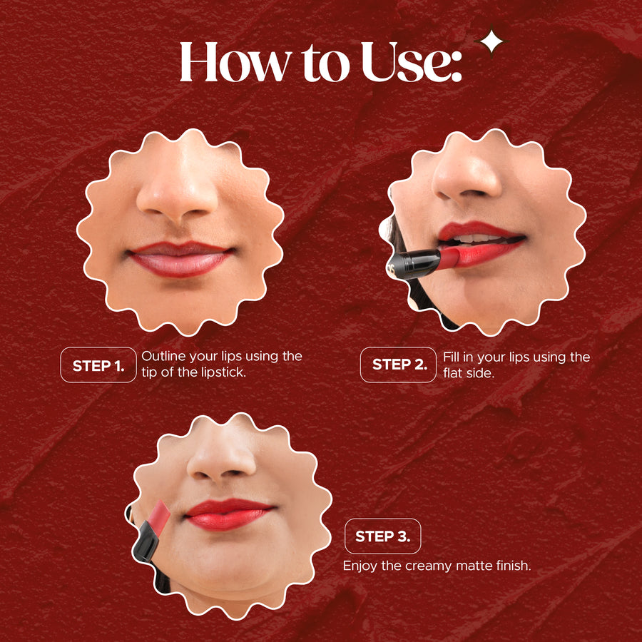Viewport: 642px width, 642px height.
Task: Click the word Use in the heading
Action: (x=411, y=61)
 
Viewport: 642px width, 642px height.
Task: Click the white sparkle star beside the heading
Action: (x=491, y=42)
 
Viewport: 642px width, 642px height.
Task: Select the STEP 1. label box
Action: (x=98, y=365)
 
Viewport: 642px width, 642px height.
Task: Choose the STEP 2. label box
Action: (x=398, y=365)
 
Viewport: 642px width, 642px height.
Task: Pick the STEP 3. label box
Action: (x=383, y=536)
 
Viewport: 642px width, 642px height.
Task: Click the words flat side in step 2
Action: (x=469, y=373)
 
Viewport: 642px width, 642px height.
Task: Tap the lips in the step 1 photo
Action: (x=180, y=258)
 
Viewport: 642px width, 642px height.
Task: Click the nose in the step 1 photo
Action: (x=177, y=193)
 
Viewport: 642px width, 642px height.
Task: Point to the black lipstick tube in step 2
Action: (x=414, y=264)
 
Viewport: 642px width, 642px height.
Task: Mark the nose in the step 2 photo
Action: (x=467, y=176)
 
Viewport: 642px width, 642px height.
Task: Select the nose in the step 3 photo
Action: (x=222, y=459)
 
